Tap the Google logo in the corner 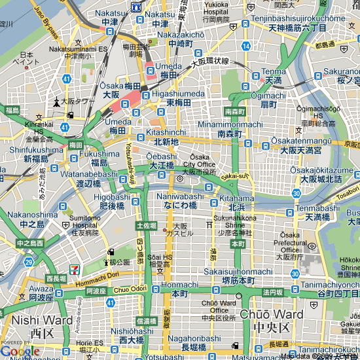[20, 351]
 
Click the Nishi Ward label [42, 320]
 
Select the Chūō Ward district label [272, 314]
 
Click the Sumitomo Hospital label [86, 223]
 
